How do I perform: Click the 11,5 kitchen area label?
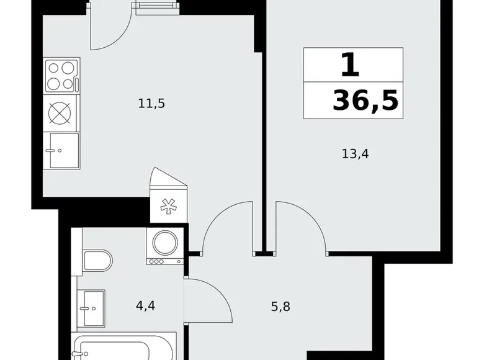(151, 104)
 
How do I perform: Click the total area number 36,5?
(365, 99)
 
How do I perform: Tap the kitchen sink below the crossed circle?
(61, 150)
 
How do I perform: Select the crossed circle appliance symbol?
(60, 113)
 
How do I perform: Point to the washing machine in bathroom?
(164, 246)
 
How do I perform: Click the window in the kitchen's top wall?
(155, 8)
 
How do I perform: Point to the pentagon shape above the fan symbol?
(168, 182)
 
